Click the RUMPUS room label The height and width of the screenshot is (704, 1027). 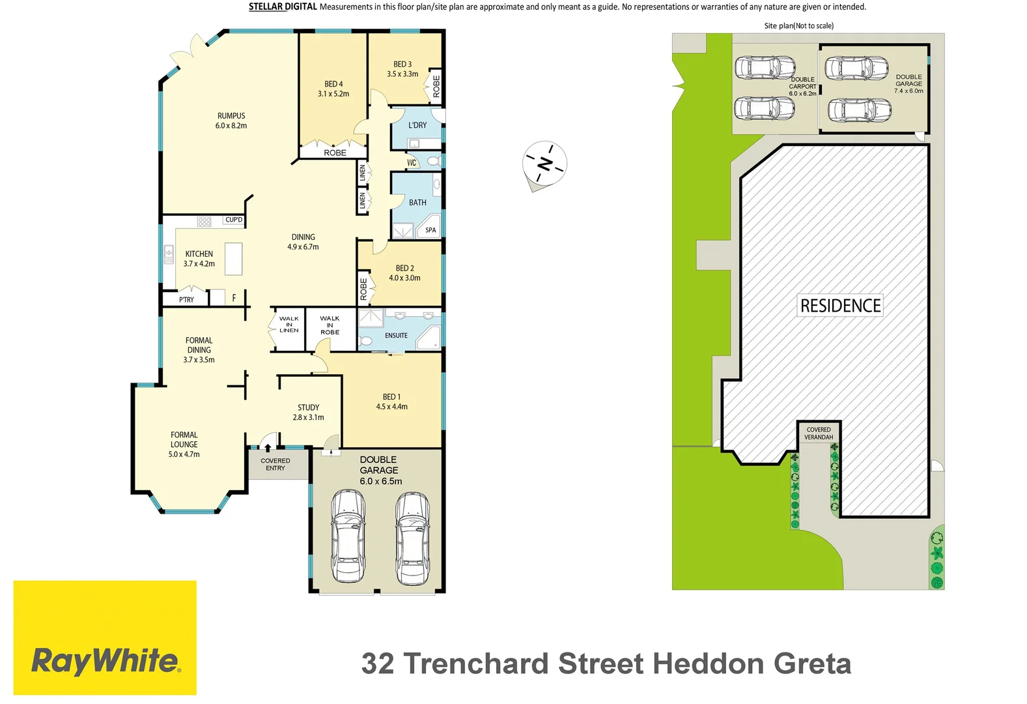click(231, 116)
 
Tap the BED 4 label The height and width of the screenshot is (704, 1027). click(333, 84)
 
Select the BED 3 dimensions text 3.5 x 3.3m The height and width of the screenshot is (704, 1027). click(402, 74)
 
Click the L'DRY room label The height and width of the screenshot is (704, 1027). click(417, 125)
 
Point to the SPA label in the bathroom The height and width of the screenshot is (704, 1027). click(430, 230)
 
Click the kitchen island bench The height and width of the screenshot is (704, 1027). click(234, 259)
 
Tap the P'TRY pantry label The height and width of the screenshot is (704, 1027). click(186, 300)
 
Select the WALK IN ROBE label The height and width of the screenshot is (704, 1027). click(330, 325)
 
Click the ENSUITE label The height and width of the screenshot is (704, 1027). click(396, 336)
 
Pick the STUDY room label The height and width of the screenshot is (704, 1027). click(308, 407)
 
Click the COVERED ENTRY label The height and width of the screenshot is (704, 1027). click(275, 464)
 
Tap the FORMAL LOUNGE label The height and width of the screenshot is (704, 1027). click(184, 439)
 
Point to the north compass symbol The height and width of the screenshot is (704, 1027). click(545, 164)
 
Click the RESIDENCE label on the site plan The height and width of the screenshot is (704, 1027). click(840, 306)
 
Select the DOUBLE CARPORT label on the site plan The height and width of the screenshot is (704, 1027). click(802, 86)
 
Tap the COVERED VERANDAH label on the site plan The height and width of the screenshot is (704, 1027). click(819, 433)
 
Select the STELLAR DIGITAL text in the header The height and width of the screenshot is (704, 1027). click(283, 7)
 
